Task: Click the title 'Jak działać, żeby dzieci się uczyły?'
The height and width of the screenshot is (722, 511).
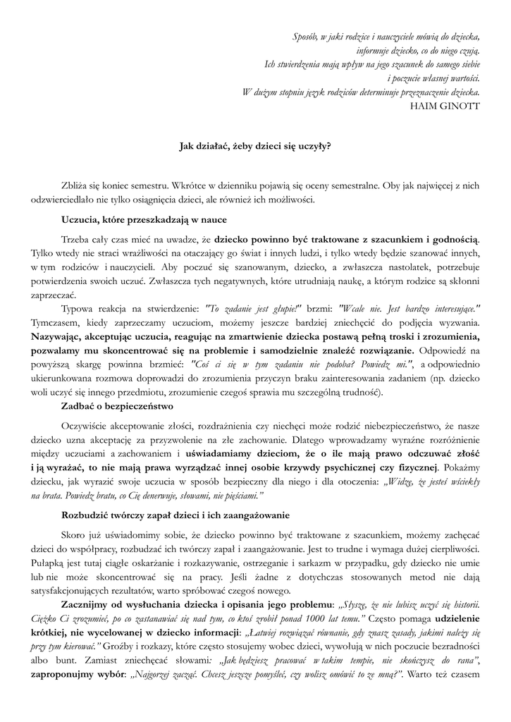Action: (255, 147)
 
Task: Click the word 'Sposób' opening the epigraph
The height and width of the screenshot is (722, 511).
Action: (305, 36)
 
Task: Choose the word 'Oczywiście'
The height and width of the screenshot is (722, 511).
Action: (87, 425)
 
